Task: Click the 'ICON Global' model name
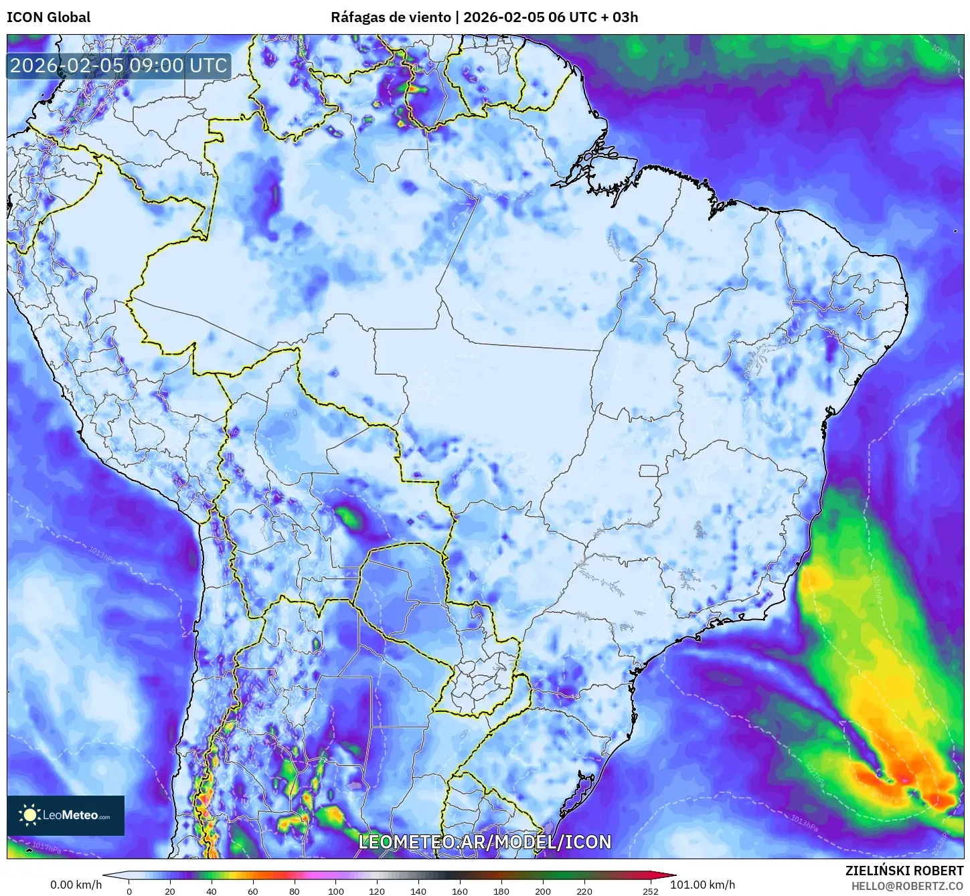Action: (48, 17)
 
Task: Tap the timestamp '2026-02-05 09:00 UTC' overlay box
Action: (118, 66)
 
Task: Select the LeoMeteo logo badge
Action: (66, 815)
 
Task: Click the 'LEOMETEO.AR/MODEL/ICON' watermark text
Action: (485, 842)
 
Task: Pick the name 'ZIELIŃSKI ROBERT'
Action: (904, 871)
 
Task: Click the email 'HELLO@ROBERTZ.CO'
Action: (907, 886)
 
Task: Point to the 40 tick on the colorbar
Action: (212, 891)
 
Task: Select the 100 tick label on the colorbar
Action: (336, 891)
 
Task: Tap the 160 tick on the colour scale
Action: (460, 891)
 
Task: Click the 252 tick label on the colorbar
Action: (651, 891)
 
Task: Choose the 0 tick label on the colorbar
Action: (129, 891)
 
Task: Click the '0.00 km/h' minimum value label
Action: (76, 885)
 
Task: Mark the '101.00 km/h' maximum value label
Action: (702, 885)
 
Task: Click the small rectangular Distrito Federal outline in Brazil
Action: (649, 471)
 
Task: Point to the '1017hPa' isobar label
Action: (47, 848)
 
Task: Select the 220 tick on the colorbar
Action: (584, 891)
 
